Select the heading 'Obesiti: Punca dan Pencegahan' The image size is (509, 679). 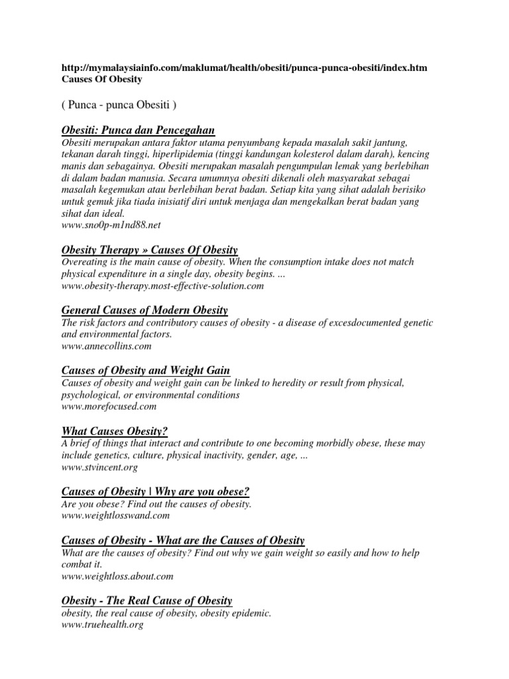click(x=138, y=130)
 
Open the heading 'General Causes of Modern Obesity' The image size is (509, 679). click(x=144, y=310)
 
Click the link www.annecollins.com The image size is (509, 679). click(x=107, y=345)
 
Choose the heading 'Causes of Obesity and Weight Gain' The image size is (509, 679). click(x=146, y=369)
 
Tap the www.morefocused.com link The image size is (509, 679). click(x=109, y=405)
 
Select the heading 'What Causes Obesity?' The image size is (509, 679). click(x=114, y=430)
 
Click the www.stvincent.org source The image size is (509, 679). click(x=99, y=466)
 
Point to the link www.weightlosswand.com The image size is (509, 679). click(x=116, y=515)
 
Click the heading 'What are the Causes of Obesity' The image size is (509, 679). click(x=183, y=540)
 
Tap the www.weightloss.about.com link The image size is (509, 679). click(x=117, y=576)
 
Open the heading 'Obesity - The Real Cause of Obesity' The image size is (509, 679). click(x=147, y=600)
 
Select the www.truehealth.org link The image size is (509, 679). click(x=103, y=624)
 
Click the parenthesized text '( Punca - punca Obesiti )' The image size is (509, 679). click(x=119, y=105)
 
